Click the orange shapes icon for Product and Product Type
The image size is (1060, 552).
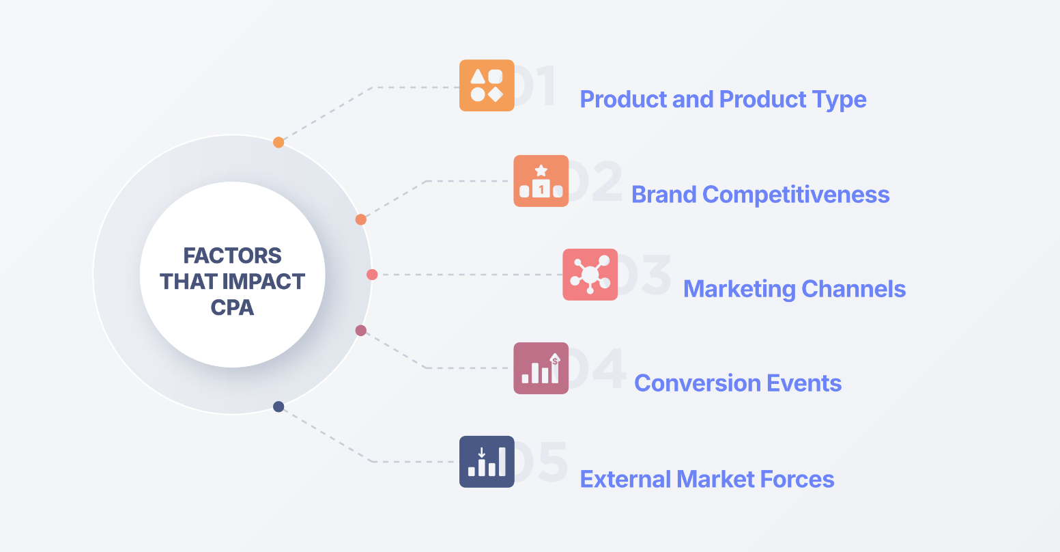point(487,85)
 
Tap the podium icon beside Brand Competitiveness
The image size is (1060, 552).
point(541,181)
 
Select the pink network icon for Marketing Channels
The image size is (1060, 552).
point(590,275)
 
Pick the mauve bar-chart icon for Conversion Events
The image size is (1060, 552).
point(541,368)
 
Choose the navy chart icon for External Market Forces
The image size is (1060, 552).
point(487,462)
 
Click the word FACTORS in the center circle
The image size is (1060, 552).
point(232,256)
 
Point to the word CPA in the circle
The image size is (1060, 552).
point(232,307)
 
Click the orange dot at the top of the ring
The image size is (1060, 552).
point(278,142)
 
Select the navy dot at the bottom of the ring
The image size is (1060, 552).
point(278,406)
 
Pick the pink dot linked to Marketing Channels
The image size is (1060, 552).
point(372,275)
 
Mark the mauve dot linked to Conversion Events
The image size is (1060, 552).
point(360,330)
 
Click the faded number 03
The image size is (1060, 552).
point(644,275)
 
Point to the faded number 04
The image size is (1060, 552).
point(597,368)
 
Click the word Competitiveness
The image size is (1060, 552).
point(796,195)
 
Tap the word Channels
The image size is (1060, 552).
point(854,289)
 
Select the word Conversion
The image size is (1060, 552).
point(697,383)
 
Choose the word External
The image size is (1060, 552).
point(625,479)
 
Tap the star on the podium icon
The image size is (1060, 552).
point(541,170)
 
